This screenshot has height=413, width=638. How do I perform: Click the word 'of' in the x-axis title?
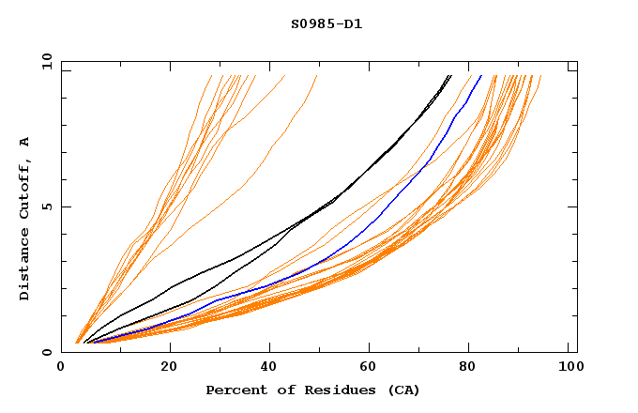tap(282, 390)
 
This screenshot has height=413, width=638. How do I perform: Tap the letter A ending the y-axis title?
tap(24, 142)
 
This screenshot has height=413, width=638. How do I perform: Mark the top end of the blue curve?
tap(481, 75)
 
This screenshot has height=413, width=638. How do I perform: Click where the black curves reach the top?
tap(450, 75)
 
